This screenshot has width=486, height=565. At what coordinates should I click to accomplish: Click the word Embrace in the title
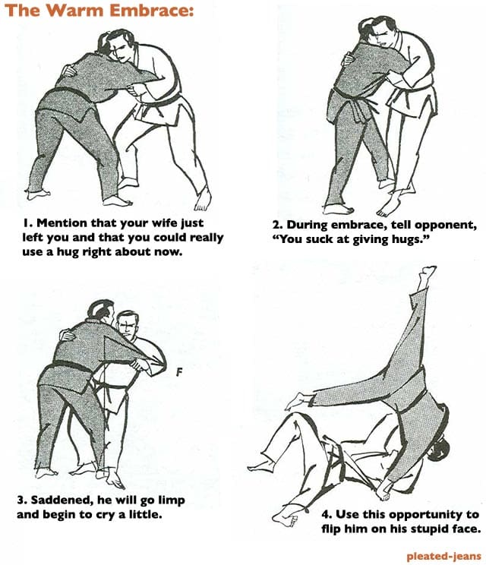[x=152, y=11]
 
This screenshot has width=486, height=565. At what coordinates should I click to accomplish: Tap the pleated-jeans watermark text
[x=443, y=556]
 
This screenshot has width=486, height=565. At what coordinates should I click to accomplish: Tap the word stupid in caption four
[x=428, y=529]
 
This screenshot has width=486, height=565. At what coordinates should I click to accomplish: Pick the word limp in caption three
[x=172, y=501]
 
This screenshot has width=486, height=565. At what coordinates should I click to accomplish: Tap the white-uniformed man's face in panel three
[x=126, y=325]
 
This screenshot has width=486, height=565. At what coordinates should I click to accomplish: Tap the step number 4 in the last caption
[x=326, y=514]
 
